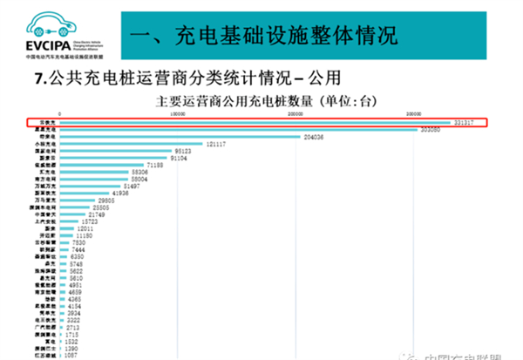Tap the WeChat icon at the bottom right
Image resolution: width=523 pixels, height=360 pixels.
click(407, 353)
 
